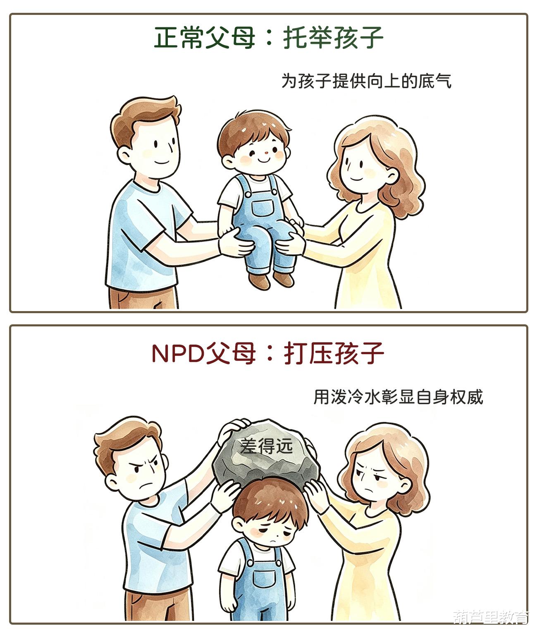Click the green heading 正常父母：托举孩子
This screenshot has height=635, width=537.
(x=269, y=38)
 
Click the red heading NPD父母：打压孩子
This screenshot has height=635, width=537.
(x=268, y=354)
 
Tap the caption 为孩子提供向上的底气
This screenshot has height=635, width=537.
(x=367, y=81)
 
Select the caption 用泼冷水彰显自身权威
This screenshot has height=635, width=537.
(x=398, y=397)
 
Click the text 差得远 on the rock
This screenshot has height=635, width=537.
(x=267, y=446)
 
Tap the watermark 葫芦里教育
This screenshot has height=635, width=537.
(x=491, y=617)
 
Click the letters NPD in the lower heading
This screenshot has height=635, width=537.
(x=178, y=354)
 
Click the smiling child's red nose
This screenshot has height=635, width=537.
(x=266, y=152)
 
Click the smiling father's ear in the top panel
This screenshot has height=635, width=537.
(x=124, y=156)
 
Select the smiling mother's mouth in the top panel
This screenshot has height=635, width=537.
(x=356, y=178)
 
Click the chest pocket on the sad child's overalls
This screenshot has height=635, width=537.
(x=264, y=580)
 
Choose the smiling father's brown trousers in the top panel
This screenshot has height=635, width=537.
(x=143, y=297)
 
